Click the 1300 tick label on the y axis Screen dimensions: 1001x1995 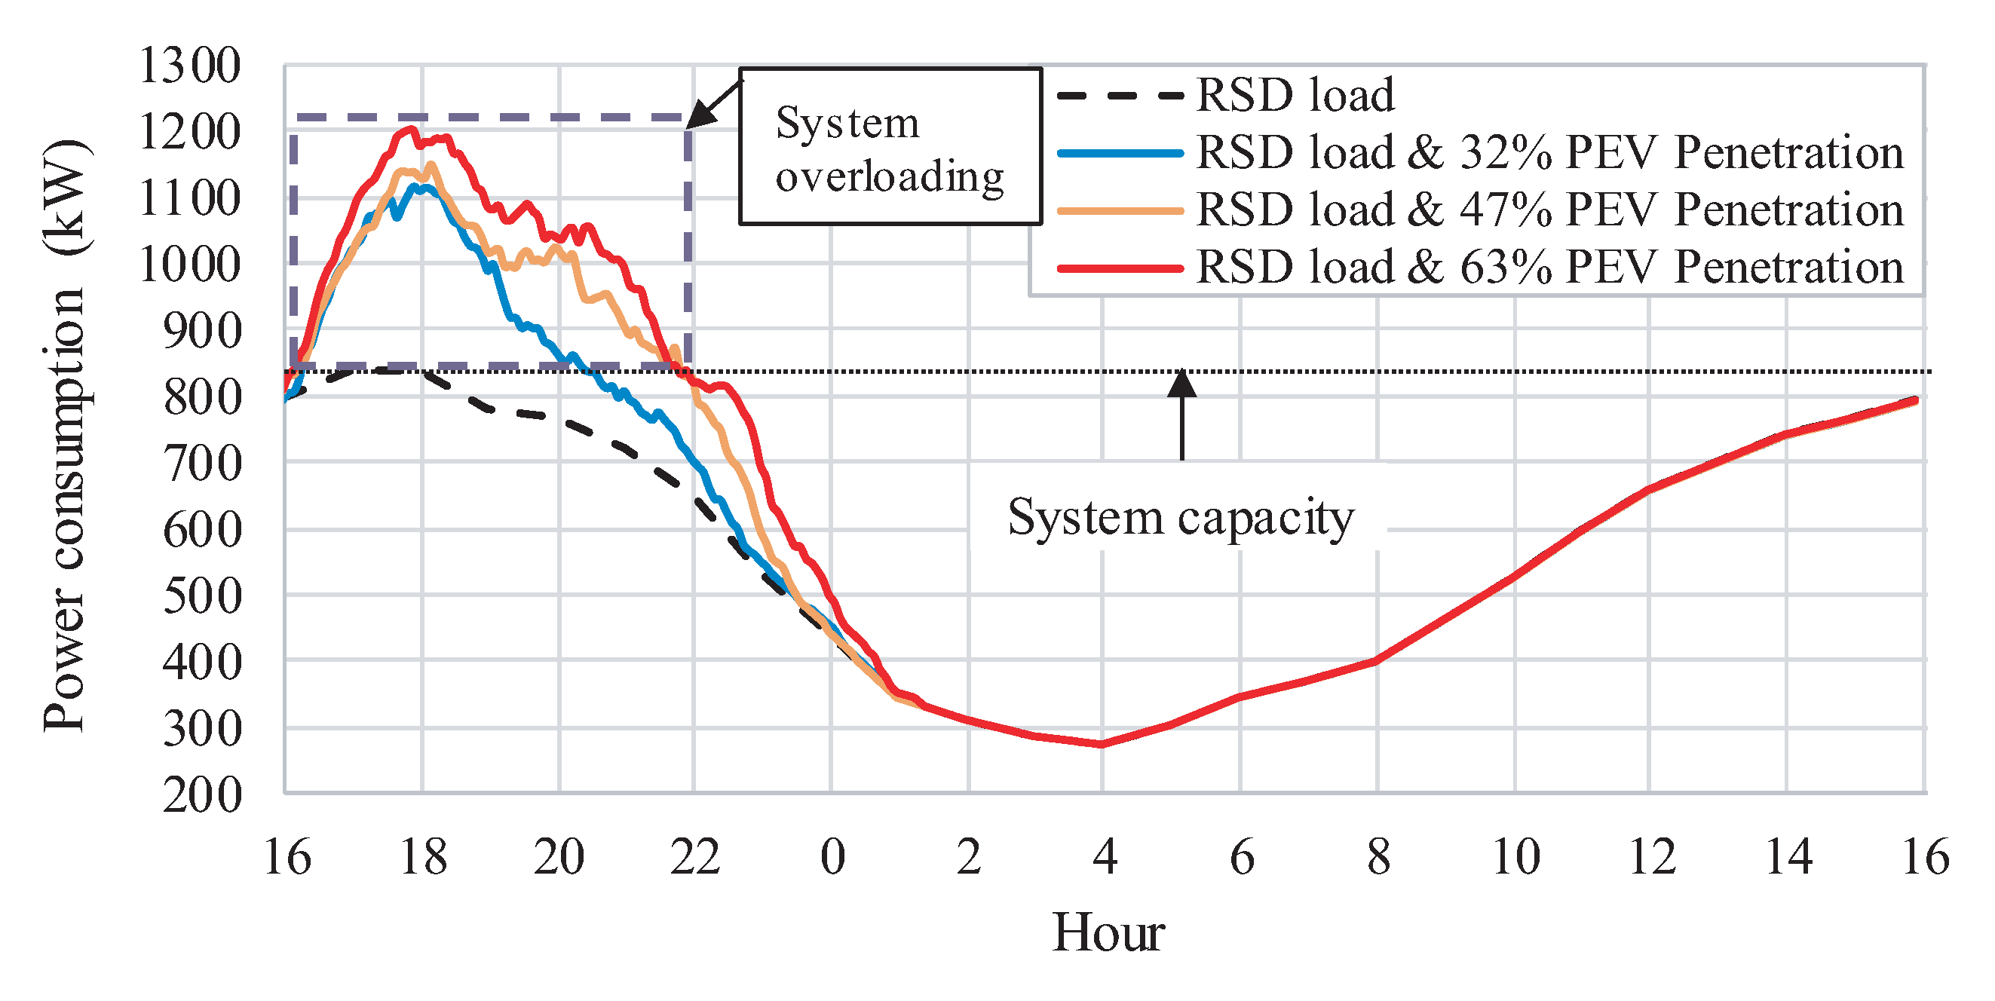point(189,66)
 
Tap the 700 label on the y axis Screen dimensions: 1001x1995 point(202,464)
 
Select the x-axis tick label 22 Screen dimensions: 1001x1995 point(694,857)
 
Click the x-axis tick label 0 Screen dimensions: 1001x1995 point(832,857)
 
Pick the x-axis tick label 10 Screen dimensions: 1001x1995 point(1515,857)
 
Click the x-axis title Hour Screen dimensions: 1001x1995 point(1108,932)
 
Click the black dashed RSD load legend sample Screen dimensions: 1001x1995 point(1120,96)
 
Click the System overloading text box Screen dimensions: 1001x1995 point(890,146)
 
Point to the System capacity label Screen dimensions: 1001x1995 point(1180,516)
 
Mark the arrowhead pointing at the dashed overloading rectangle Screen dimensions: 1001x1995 point(700,116)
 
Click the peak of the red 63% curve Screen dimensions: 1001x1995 point(411,130)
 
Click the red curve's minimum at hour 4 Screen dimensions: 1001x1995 point(1102,744)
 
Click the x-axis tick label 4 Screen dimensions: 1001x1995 point(1105,857)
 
